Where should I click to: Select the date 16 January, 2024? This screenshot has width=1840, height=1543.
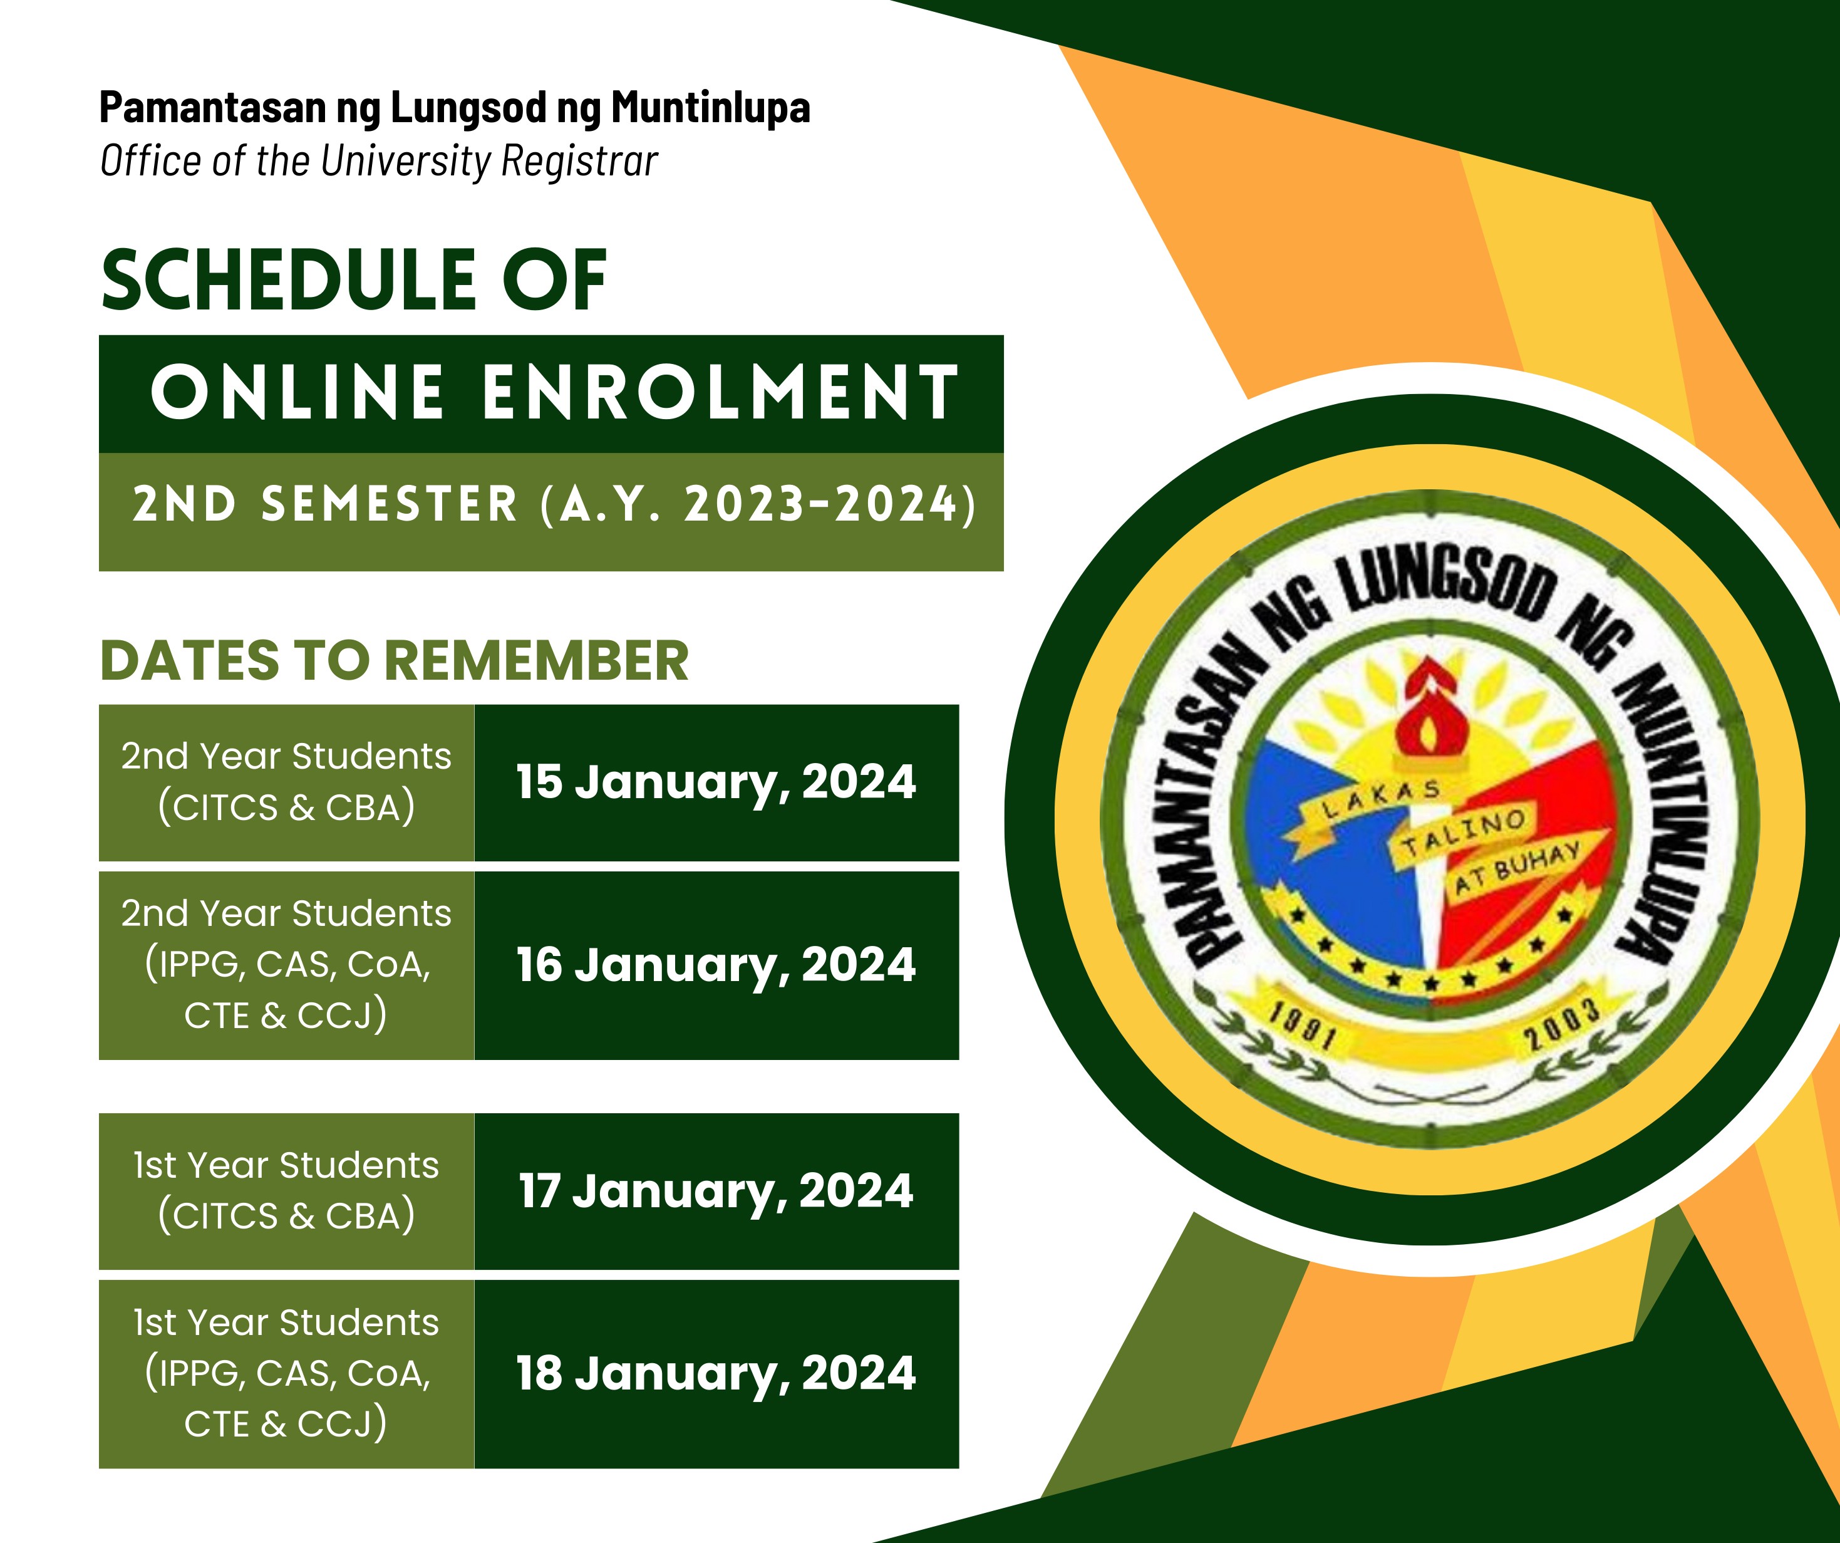point(716,966)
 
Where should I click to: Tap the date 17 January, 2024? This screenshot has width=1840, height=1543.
point(716,1192)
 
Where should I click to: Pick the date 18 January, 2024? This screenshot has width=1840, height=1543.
point(716,1374)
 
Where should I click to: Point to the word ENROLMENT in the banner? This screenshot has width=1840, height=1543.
point(720,392)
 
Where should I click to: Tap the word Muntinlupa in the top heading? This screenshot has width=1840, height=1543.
point(711,109)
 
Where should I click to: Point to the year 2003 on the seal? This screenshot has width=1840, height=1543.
point(1563,1023)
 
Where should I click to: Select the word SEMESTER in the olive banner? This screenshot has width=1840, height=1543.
point(390,505)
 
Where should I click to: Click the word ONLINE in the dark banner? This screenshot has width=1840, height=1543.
point(297,392)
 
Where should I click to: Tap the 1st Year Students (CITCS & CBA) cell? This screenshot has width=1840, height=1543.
point(286,1192)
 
